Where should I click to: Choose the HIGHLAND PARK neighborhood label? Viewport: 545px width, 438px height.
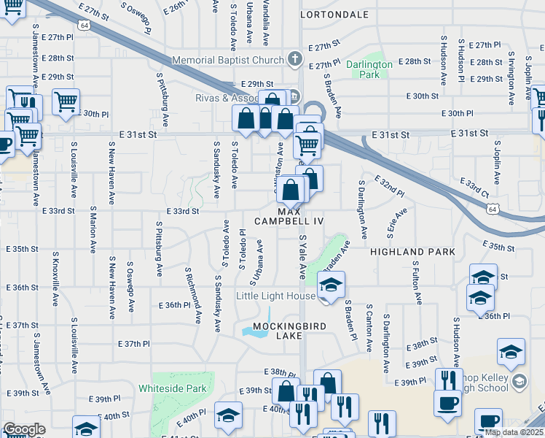[412, 252]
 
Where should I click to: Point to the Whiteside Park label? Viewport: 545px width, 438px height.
[173, 388]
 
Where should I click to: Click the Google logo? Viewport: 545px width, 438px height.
[24, 429]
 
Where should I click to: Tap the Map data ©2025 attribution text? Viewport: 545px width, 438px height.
[513, 432]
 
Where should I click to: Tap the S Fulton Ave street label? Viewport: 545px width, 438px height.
[417, 283]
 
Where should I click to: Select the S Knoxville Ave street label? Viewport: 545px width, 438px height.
[55, 280]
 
